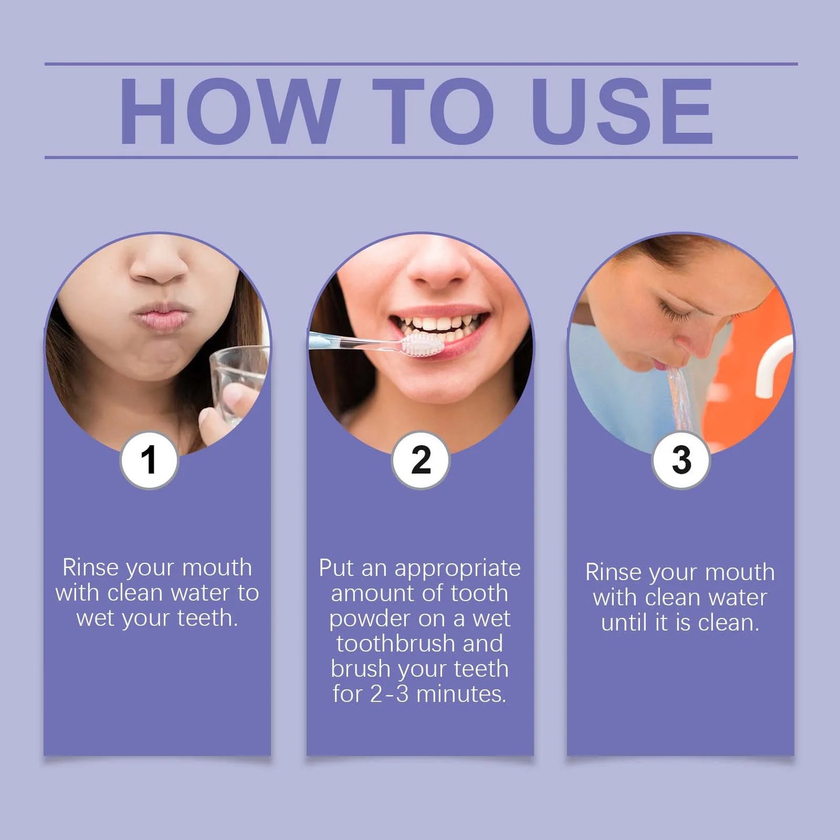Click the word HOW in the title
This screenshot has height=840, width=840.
pos(229,111)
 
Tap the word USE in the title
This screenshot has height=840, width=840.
pos(621,111)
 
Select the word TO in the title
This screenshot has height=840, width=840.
pos(433,111)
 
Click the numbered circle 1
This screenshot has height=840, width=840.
pos(149,460)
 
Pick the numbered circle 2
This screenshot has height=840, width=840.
pos(420,460)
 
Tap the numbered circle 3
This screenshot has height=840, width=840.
pos(681,460)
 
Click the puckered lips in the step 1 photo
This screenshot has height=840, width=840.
pos(160,317)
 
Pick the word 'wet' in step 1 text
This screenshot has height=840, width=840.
pos(95,619)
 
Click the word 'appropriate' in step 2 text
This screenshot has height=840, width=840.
pos(457,568)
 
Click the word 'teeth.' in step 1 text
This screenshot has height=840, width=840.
pos(208,619)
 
